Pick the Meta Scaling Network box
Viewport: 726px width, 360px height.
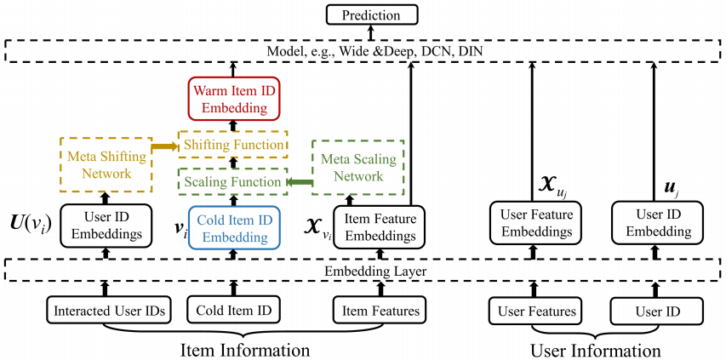point(352,165)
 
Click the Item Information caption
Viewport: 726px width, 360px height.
point(244,349)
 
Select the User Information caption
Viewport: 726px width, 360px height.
point(595,349)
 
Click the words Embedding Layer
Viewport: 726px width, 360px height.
point(365,271)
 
